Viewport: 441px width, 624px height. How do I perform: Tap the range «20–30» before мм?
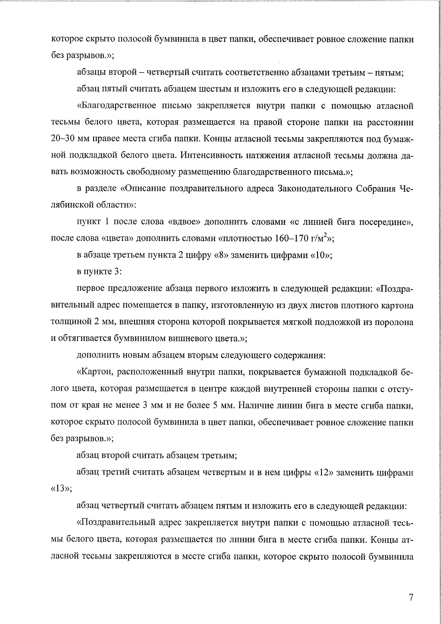pyautogui.click(x=63, y=139)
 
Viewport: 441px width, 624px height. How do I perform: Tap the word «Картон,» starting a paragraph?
pyautogui.click(x=96, y=372)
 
